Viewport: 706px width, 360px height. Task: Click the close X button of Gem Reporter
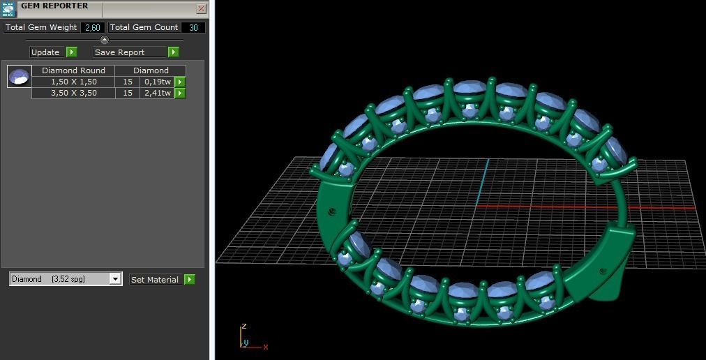tap(201, 9)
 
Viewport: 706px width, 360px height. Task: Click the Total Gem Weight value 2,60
tap(92, 27)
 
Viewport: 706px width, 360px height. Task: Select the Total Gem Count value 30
tap(193, 27)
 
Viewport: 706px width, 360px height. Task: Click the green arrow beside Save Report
tap(174, 52)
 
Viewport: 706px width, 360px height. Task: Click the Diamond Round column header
tap(73, 70)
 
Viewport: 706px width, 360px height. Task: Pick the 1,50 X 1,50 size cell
tap(73, 82)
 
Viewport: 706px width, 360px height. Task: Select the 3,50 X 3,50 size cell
tap(73, 93)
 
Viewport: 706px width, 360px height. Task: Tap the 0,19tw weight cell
tap(157, 82)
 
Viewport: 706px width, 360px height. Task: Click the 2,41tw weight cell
tap(157, 93)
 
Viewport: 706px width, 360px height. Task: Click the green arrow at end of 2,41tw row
tap(180, 93)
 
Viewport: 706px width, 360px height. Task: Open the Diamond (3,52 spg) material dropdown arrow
tap(116, 279)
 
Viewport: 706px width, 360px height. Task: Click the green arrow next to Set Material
tap(189, 280)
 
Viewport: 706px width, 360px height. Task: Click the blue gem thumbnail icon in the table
tap(20, 76)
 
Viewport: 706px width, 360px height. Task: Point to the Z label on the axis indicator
tap(243, 327)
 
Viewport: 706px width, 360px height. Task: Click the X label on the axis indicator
tap(266, 347)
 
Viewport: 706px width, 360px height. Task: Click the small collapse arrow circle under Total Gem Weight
tap(105, 40)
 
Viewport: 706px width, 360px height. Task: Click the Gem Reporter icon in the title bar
tap(8, 8)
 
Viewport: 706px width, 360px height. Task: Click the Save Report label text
tap(119, 52)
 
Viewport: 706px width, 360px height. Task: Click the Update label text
tap(45, 52)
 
